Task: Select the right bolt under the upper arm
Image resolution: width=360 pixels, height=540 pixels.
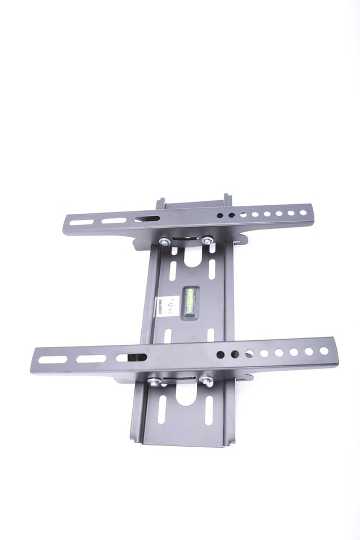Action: point(207,240)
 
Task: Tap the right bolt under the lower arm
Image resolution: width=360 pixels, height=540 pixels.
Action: point(206,381)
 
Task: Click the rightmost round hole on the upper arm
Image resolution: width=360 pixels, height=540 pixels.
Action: point(303,213)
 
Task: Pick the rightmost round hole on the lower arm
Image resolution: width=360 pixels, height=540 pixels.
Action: point(324,350)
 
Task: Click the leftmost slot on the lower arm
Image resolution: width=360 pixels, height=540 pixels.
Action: point(52,359)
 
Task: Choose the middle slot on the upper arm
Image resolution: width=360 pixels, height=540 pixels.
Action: point(114,220)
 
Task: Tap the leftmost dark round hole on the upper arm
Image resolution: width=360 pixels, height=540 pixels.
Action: point(220,215)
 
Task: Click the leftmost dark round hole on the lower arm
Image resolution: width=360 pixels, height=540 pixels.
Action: point(220,355)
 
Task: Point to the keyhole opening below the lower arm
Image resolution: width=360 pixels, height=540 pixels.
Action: point(186,394)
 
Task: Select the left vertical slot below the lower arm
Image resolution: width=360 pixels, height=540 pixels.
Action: point(162,409)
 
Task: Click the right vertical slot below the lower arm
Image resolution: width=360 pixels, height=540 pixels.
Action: point(209,409)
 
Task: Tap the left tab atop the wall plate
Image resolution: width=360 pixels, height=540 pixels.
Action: point(160,202)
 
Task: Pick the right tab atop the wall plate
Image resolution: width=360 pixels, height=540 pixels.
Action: point(227,199)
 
